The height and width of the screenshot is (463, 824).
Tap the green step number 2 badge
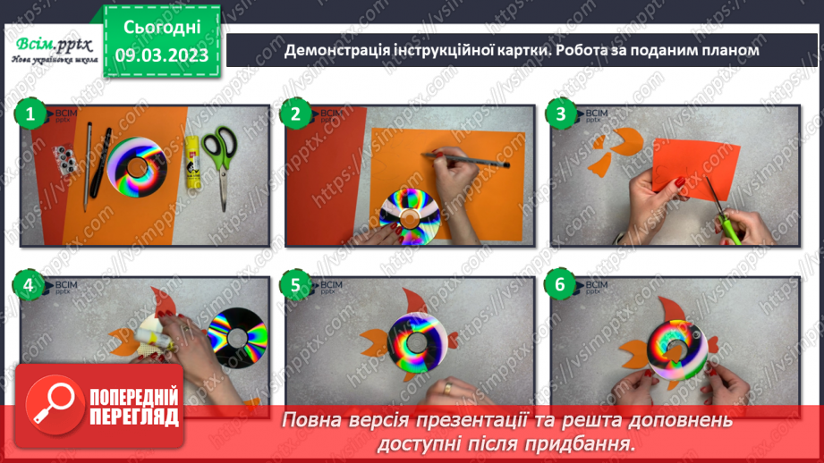tap(294, 114)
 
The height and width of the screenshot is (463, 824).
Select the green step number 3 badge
tap(560, 114)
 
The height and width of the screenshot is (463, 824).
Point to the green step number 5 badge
tap(294, 286)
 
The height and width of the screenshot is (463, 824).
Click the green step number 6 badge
tap(560, 286)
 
